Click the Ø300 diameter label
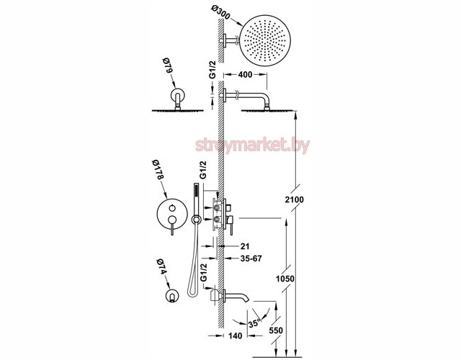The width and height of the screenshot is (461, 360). [x=221, y=13]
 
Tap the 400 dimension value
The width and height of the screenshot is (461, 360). [x=245, y=75]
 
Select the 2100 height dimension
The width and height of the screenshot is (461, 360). [x=295, y=199]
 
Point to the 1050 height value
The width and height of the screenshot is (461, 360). [x=285, y=279]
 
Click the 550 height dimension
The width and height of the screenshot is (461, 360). [x=276, y=330]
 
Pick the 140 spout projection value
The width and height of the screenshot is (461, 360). [x=235, y=336]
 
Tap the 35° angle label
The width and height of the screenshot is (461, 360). [x=254, y=323]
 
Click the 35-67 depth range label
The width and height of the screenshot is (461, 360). [x=251, y=258]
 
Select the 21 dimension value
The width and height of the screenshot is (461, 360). [x=245, y=246]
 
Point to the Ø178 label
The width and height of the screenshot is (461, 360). [x=158, y=170]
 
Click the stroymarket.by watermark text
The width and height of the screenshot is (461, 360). [x=252, y=145]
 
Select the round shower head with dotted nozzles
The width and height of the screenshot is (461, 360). [x=266, y=40]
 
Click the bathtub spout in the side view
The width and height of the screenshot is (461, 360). [x=237, y=295]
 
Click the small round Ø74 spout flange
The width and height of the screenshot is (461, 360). [x=171, y=295]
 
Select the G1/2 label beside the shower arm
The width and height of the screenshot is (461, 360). [x=212, y=70]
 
